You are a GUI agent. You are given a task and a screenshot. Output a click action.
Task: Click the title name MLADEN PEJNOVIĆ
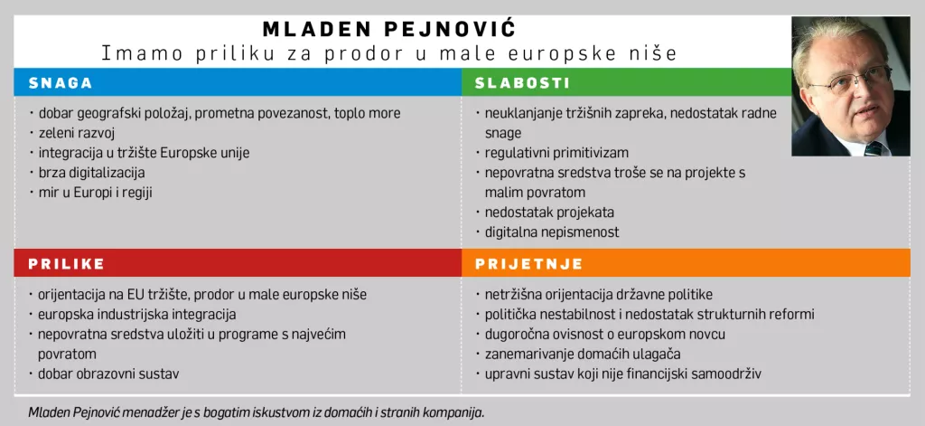(x=388, y=28)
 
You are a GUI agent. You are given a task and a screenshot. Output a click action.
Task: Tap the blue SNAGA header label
(x=61, y=83)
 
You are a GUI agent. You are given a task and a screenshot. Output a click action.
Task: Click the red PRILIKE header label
(x=66, y=264)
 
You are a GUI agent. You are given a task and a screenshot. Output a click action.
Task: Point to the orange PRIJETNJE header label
(x=528, y=264)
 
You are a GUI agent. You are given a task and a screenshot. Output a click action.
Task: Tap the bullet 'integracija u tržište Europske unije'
(x=144, y=153)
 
